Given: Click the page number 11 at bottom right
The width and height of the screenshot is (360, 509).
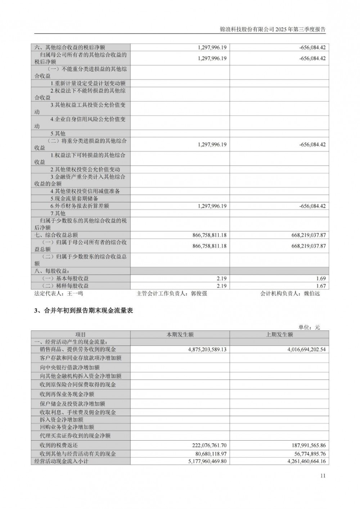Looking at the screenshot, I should point(323,476).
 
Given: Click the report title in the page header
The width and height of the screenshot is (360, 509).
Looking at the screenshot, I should point(272,30).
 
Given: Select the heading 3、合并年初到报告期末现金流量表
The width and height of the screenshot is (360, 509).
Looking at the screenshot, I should point(84,311).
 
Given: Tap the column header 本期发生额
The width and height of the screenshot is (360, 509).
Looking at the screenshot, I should point(180,334).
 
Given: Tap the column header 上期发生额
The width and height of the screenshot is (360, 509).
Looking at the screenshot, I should point(279,334).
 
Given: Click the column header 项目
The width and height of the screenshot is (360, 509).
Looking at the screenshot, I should point(81,334).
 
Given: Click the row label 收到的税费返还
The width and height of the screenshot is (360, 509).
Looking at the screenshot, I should point(59,445).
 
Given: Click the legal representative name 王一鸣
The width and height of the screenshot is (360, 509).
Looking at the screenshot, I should point(75,293).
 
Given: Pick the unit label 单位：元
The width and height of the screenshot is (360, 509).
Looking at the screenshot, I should point(309,327).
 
